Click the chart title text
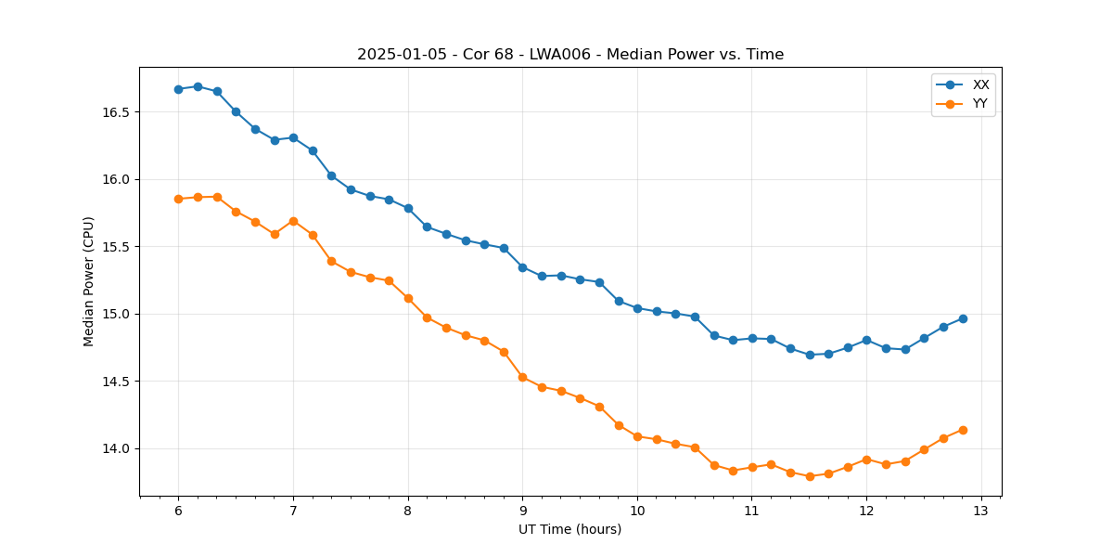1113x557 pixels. click(570, 55)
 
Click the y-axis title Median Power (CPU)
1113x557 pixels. click(89, 281)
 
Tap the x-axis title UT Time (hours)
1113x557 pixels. click(570, 530)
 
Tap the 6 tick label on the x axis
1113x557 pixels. click(178, 512)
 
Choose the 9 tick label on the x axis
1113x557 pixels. click(522, 512)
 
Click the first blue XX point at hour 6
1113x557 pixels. click(178, 89)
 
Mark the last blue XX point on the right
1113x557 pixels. click(963, 318)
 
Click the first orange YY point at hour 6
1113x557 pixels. click(178, 199)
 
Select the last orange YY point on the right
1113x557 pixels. click(963, 430)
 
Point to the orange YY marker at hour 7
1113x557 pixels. click(293, 221)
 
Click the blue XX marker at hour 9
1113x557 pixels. click(522, 267)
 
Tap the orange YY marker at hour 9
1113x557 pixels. click(522, 377)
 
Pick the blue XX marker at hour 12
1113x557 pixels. click(866, 340)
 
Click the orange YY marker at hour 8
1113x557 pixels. click(408, 298)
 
